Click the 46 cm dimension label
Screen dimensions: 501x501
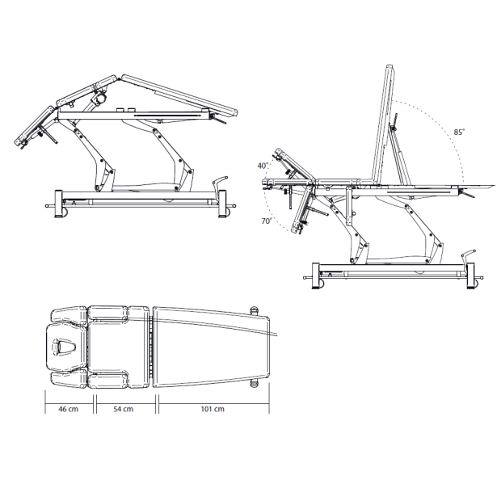click(x=69, y=409)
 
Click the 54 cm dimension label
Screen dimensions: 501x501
click(x=124, y=409)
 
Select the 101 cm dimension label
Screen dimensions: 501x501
click(x=213, y=409)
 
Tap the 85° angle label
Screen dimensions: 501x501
click(x=460, y=132)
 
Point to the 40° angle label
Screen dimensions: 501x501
click(x=263, y=166)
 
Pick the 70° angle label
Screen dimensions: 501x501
click(x=267, y=221)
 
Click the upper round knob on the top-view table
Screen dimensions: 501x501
click(x=254, y=310)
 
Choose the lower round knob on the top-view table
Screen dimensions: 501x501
click(x=254, y=383)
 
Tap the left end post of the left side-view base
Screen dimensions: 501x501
click(x=58, y=204)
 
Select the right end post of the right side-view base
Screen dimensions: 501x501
click(x=470, y=276)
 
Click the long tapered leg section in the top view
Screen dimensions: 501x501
click(x=211, y=347)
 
